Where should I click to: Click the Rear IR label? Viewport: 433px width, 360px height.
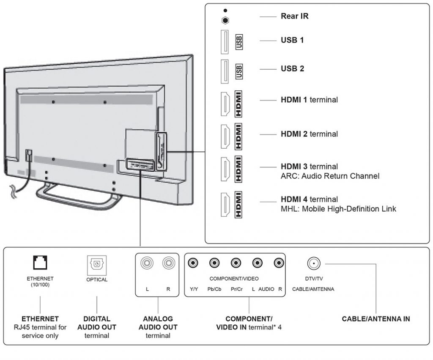point(294,16)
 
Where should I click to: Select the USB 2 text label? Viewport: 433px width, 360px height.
point(292,68)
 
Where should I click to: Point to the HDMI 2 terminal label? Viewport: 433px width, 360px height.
point(309,134)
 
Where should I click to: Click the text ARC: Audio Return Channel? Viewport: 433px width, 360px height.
point(330,176)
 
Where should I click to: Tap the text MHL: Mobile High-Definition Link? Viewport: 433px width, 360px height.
point(338,208)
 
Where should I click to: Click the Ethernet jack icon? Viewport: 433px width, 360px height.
point(40,263)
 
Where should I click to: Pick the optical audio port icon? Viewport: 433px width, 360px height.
point(97,264)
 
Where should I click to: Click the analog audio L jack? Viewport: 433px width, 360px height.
point(147,263)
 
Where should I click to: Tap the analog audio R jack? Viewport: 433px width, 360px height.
point(168,263)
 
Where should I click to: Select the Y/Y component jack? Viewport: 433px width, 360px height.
point(194,263)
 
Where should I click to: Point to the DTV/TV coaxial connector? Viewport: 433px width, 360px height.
point(313,263)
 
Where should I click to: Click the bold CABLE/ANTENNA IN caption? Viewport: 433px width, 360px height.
point(375,319)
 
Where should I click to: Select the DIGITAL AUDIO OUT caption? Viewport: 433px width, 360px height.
point(97,323)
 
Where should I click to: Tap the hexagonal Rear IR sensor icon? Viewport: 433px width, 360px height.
point(226,19)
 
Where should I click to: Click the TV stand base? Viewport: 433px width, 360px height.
point(76,194)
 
